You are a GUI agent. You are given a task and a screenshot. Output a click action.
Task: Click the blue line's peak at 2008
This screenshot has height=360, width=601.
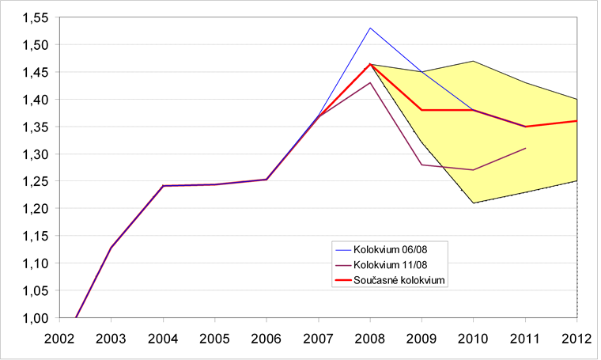tap(370, 28)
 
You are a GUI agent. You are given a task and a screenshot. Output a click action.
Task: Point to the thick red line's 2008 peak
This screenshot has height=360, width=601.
tap(370, 64)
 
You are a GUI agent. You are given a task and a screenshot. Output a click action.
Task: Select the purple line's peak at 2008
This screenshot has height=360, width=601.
tap(370, 83)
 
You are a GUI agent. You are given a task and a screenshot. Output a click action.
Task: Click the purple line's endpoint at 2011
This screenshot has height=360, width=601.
tap(526, 148)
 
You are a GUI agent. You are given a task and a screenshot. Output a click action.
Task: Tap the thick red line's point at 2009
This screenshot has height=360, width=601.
tap(421, 110)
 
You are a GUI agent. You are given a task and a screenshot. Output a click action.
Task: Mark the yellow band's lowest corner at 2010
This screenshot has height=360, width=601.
tap(474, 203)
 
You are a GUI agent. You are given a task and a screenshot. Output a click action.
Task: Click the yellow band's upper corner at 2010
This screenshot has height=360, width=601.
tap(474, 61)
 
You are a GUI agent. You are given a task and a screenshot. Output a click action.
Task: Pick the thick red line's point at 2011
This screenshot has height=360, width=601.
tap(526, 127)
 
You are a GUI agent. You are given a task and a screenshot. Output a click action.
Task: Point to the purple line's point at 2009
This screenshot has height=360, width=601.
tap(421, 165)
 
